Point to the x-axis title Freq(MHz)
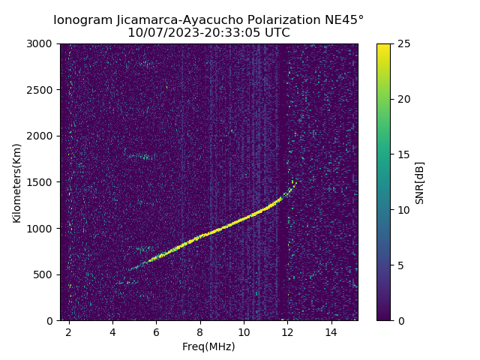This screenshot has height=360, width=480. pos(208,346)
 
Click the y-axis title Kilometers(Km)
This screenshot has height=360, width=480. pos(17,182)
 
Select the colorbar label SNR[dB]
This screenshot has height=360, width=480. pos(420,182)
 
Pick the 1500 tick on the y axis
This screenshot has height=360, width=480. pos(42,182)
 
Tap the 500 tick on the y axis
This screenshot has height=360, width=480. pos(45,274)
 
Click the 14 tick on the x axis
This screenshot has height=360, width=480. pos(331,331)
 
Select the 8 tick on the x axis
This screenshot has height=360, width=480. pos(200,331)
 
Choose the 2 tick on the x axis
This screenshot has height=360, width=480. pos(69,331)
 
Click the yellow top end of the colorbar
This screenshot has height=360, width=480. pos(383,46)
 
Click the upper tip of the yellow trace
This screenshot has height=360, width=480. pos(296,181)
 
